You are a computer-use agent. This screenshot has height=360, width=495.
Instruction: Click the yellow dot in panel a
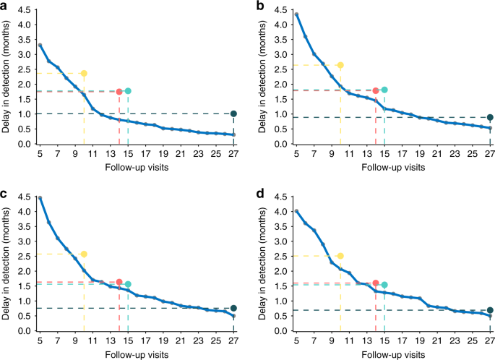[x=84, y=74]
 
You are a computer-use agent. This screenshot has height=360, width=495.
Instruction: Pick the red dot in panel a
[x=119, y=92]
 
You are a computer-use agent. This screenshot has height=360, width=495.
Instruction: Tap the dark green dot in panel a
[x=233, y=113]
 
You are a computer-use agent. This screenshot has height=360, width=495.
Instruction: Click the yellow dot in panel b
[x=340, y=66]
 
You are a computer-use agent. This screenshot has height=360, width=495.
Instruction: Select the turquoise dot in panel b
[x=384, y=90]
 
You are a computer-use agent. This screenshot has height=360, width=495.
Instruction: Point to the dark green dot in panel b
[x=490, y=118]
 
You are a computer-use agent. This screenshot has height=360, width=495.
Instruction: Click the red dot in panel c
[x=119, y=282]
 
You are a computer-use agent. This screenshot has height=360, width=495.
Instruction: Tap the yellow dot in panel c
[x=84, y=254]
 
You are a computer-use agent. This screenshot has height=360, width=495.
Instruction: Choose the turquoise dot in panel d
[x=384, y=285]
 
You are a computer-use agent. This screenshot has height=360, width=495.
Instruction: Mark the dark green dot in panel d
[x=490, y=310]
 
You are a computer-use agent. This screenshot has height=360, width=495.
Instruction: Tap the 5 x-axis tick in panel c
[x=40, y=341]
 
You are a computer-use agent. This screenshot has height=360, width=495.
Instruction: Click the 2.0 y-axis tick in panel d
[x=282, y=271]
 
